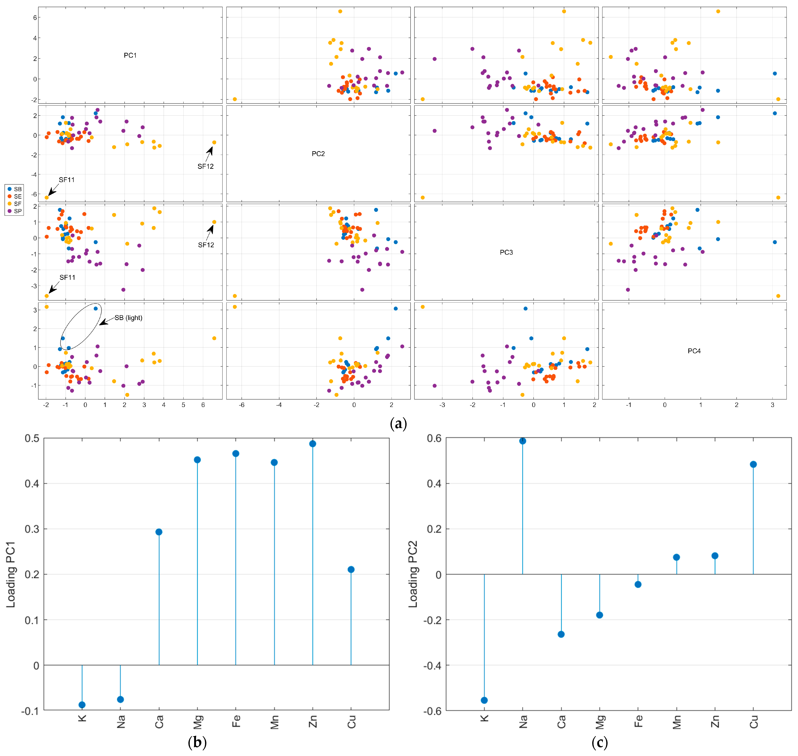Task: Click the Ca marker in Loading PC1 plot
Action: [159, 532]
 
